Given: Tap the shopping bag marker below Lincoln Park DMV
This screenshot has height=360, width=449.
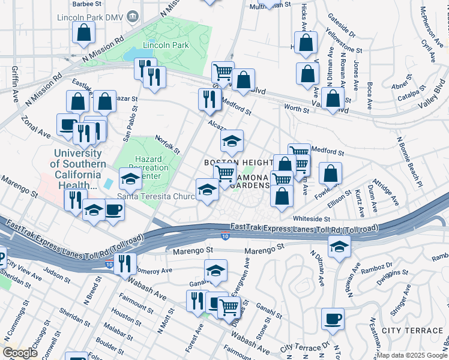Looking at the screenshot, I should pos(83,34).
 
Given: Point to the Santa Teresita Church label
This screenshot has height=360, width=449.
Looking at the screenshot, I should pos(157,196).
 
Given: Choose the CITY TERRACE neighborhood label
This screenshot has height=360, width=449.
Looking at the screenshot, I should pos(415,331).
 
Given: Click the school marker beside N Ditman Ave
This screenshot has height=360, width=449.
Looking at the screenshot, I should pos(339,247).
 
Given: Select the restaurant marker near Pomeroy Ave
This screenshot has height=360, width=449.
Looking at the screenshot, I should pos(125,264).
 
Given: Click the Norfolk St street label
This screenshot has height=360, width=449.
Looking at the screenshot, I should pos(168,145).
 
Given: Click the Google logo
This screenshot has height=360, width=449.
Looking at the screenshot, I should pos(19,353).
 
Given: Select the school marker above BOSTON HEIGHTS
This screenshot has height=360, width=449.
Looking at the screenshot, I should pos(232,142).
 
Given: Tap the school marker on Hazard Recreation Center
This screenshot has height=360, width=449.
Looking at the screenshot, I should pos(130,179).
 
